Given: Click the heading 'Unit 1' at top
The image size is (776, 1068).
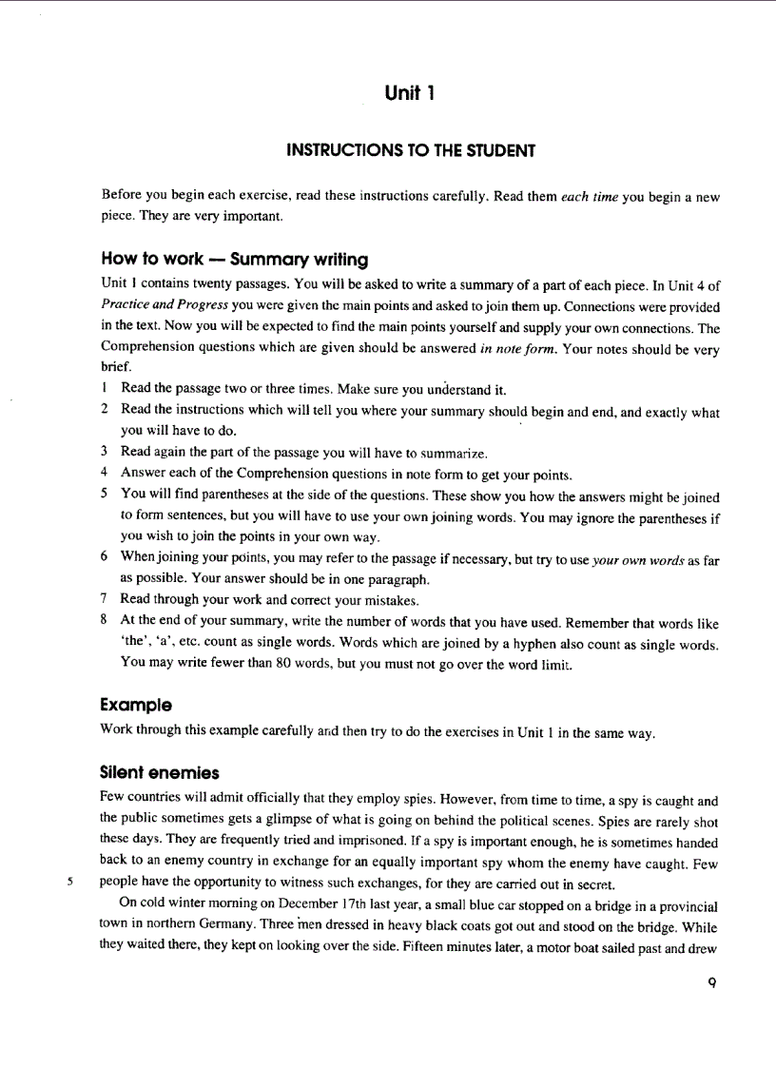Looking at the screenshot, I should (411, 92).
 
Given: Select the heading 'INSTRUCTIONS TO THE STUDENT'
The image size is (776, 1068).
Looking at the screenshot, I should (411, 150).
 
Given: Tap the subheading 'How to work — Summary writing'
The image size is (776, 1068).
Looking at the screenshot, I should (234, 260).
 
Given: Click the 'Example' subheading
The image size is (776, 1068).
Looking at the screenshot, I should (136, 706).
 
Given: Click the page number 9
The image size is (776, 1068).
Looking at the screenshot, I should (711, 983).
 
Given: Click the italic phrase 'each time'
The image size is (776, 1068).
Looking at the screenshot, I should (590, 197).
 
